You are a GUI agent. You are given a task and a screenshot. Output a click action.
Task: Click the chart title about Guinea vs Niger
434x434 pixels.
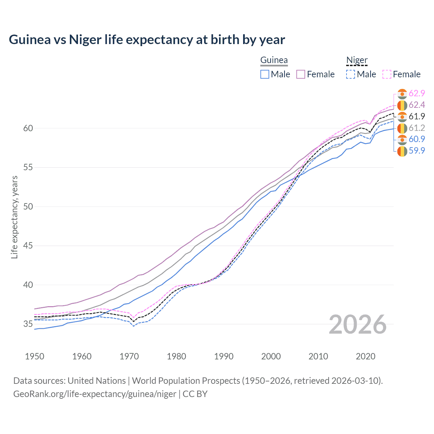click(x=147, y=40)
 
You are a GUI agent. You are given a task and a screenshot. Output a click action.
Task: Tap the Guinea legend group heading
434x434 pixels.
click(x=274, y=60)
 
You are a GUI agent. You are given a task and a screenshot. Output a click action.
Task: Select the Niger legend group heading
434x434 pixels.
click(x=357, y=60)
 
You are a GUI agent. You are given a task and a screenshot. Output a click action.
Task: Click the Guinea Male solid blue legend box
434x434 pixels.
click(x=265, y=74)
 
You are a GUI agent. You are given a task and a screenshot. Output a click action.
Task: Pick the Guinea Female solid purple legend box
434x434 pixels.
click(x=301, y=74)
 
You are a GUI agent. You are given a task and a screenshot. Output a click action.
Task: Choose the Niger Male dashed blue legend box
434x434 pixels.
click(x=351, y=74)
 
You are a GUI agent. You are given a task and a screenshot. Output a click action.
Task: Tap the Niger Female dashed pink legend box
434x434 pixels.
click(x=387, y=74)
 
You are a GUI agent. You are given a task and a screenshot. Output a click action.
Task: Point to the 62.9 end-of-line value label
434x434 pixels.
click(x=417, y=94)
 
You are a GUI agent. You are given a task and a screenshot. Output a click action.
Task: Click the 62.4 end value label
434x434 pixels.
click(x=417, y=105)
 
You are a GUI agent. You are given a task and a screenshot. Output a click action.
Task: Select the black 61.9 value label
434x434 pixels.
click(x=417, y=117)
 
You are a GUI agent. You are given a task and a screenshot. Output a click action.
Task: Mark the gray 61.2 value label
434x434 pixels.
click(x=417, y=128)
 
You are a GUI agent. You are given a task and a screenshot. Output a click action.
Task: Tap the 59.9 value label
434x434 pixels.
click(x=417, y=151)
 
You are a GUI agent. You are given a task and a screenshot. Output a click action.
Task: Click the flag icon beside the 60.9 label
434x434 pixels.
click(x=402, y=139)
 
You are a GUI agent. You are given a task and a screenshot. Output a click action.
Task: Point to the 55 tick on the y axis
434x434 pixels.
click(x=28, y=167)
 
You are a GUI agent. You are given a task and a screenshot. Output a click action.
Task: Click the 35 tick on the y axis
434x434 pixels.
click(x=28, y=324)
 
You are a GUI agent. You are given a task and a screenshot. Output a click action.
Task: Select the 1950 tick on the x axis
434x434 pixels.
click(x=35, y=356)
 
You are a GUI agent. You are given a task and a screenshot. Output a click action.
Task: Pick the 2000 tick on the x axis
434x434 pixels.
click(x=271, y=356)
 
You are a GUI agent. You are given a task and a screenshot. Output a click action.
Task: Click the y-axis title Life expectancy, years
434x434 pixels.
click(x=15, y=217)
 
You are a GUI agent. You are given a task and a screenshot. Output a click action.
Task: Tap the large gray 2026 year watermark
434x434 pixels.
click(x=357, y=324)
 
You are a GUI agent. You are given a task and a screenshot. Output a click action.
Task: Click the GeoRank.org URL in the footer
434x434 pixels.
click(x=95, y=394)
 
